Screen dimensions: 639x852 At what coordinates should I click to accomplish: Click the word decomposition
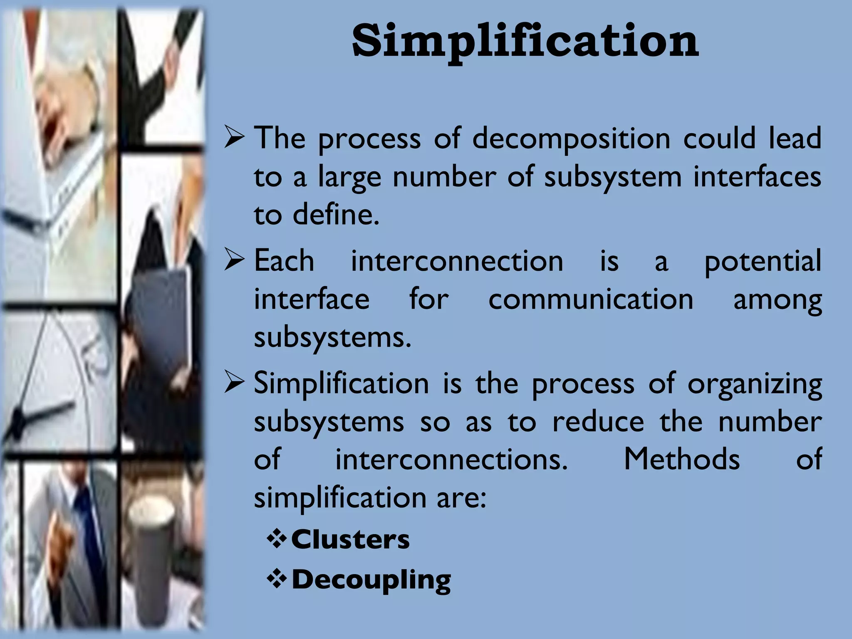pos(571,139)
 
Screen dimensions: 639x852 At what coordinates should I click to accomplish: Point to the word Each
pos(284,261)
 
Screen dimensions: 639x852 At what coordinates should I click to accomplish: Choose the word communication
pos(591,300)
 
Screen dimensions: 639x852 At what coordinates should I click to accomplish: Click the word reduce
pos(598,422)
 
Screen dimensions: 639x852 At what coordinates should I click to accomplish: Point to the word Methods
pos(682,459)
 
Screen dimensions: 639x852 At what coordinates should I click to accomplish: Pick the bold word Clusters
pos(350,540)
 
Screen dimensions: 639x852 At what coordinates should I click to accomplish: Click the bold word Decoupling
pos(371,580)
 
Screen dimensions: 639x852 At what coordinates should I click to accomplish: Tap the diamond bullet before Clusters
pos(277,540)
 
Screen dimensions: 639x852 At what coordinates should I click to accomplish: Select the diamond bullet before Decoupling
pos(277,580)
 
